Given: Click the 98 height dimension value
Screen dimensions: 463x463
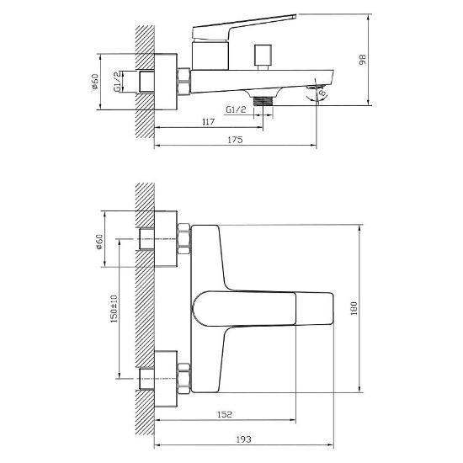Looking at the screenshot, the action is click(x=363, y=60).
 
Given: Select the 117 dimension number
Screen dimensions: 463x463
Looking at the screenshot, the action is click(x=209, y=122).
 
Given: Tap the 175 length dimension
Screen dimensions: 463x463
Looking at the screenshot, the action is click(x=236, y=140).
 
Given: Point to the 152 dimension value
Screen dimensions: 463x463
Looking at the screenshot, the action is click(x=225, y=414).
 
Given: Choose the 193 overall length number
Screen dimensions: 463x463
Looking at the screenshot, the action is click(x=244, y=439).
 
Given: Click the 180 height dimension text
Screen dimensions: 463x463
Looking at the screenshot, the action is click(x=354, y=308).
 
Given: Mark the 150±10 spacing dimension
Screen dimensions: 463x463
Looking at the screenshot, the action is click(x=114, y=308).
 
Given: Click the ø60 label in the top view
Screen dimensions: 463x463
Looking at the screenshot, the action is click(x=94, y=82).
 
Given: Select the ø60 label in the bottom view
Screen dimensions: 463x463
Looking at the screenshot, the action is click(x=99, y=242).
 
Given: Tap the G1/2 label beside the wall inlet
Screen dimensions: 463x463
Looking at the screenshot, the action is click(x=117, y=82).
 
